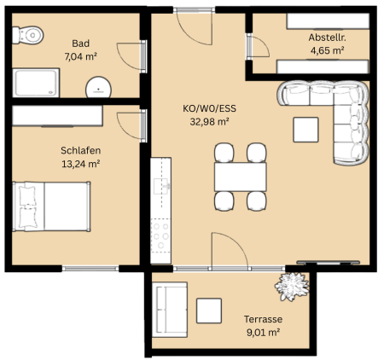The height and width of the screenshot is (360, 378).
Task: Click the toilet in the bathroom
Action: point(27,35)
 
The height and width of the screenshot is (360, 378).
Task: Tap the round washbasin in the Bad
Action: point(98,87)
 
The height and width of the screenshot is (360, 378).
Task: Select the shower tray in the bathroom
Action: point(36,83)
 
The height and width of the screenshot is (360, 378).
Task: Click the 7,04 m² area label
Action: point(81,56)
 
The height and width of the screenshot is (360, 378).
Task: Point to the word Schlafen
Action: point(81,150)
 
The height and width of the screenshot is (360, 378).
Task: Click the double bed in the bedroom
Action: point(51,206)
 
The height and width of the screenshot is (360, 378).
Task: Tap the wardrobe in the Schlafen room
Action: point(57,116)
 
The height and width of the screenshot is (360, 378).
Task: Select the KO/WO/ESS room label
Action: point(209,108)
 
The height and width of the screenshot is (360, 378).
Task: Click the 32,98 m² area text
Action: point(210,122)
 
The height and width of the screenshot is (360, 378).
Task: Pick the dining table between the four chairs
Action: point(241,177)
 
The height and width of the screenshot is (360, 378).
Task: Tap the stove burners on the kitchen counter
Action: point(160,235)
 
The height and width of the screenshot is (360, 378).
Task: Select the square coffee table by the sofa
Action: point(305,130)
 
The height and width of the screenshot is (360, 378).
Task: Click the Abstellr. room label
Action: point(328,38)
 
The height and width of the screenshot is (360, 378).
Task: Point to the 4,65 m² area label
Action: point(328,50)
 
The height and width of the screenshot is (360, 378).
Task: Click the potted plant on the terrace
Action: point(292,286)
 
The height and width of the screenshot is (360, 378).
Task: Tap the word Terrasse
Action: point(263,319)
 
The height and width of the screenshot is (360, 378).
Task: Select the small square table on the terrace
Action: point(209,311)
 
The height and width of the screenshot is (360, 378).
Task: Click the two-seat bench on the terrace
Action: point(170,310)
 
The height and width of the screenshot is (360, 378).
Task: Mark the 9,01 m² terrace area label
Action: point(263,333)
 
